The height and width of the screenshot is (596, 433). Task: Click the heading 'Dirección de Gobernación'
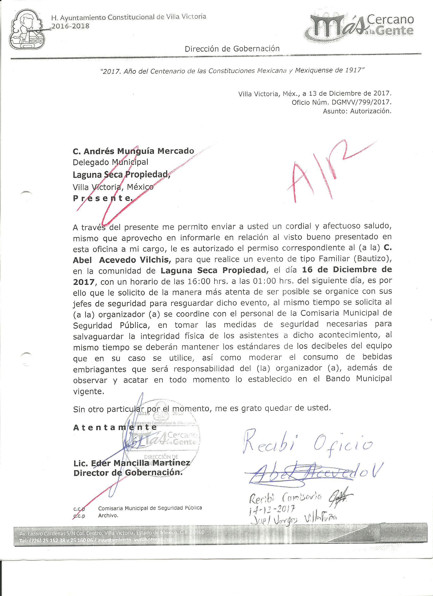[232, 49]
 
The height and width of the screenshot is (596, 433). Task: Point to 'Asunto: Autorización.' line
[357, 111]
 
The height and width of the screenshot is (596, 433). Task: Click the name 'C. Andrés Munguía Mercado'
[133, 151]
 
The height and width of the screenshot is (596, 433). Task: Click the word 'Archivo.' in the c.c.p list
[108, 516]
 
